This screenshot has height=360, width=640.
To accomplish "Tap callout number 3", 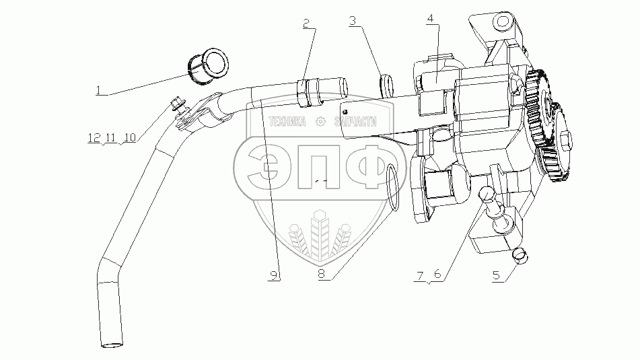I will [x=352, y=21].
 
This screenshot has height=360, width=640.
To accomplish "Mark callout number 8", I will [x=322, y=275].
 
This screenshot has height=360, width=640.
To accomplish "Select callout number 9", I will [x=273, y=275].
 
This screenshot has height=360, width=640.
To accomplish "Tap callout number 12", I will [x=92, y=138].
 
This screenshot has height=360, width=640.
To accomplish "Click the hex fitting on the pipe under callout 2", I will [x=307, y=93].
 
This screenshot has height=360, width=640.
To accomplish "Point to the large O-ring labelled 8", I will [x=395, y=188].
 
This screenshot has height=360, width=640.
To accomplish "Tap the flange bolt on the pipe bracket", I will [x=176, y=104].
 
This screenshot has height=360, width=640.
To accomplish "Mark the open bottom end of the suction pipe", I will [x=110, y=346].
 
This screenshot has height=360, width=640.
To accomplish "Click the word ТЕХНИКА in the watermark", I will [x=287, y=122].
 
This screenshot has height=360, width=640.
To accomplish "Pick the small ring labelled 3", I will [x=387, y=85].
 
